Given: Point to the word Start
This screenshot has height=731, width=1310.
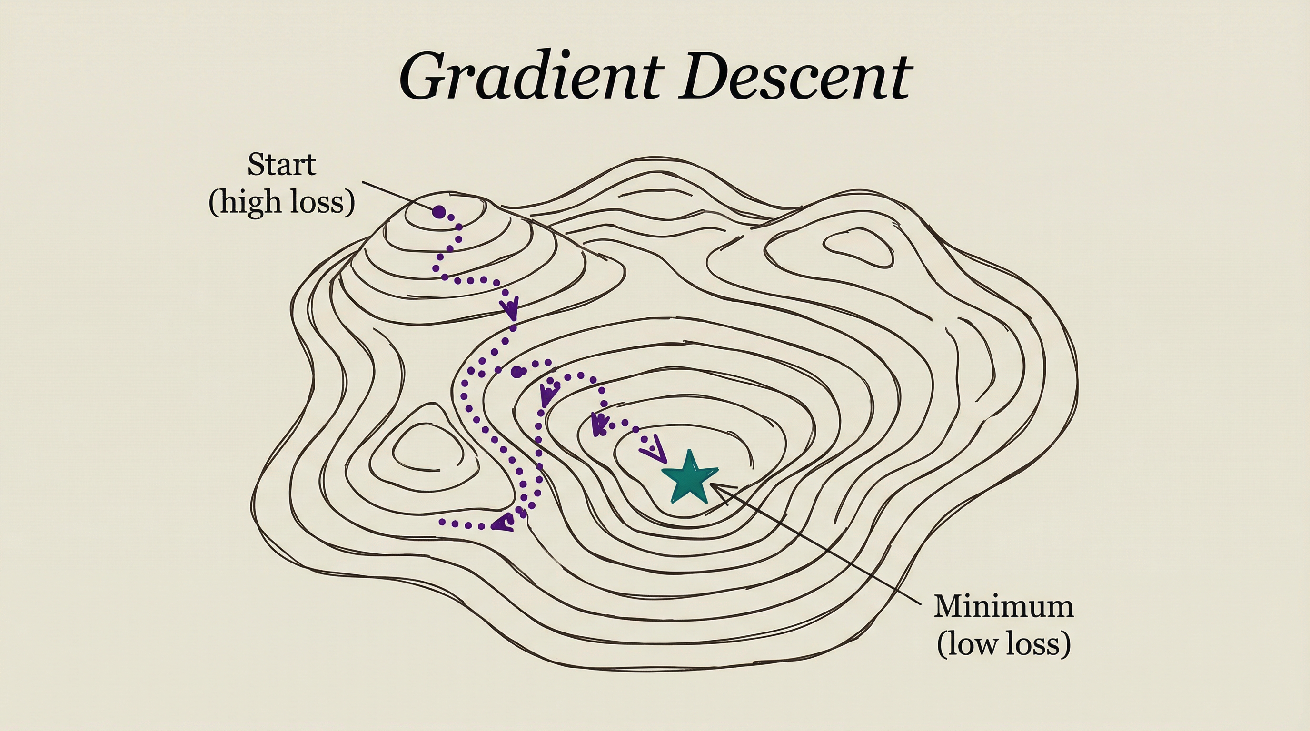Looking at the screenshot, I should click(x=281, y=165).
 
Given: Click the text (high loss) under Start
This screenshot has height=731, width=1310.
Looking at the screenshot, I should click(x=281, y=202).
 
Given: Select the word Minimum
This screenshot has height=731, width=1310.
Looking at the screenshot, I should click(x=1003, y=606).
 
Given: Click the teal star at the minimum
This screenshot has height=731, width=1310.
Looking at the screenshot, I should click(x=690, y=478).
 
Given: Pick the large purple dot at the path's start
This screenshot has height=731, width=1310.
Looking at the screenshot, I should click(x=438, y=211).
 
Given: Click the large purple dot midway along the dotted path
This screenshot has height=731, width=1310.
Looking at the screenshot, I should click(x=516, y=372).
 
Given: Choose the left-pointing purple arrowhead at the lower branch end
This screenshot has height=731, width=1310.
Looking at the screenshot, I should click(x=504, y=522).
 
